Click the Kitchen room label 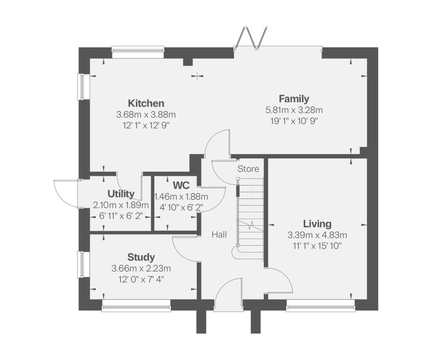(x=146, y=103)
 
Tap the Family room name (x=294, y=99)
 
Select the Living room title (x=317, y=224)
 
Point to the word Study (x=141, y=257)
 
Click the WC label (x=181, y=185)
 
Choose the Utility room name (x=121, y=194)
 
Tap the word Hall (x=219, y=234)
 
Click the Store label (x=248, y=169)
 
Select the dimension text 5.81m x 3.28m (x=294, y=110)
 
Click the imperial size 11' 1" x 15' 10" (x=317, y=246)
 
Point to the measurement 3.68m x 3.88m (x=146, y=114)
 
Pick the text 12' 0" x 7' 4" (x=141, y=279)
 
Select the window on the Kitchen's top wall (x=138, y=51)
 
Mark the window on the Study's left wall (x=80, y=264)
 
